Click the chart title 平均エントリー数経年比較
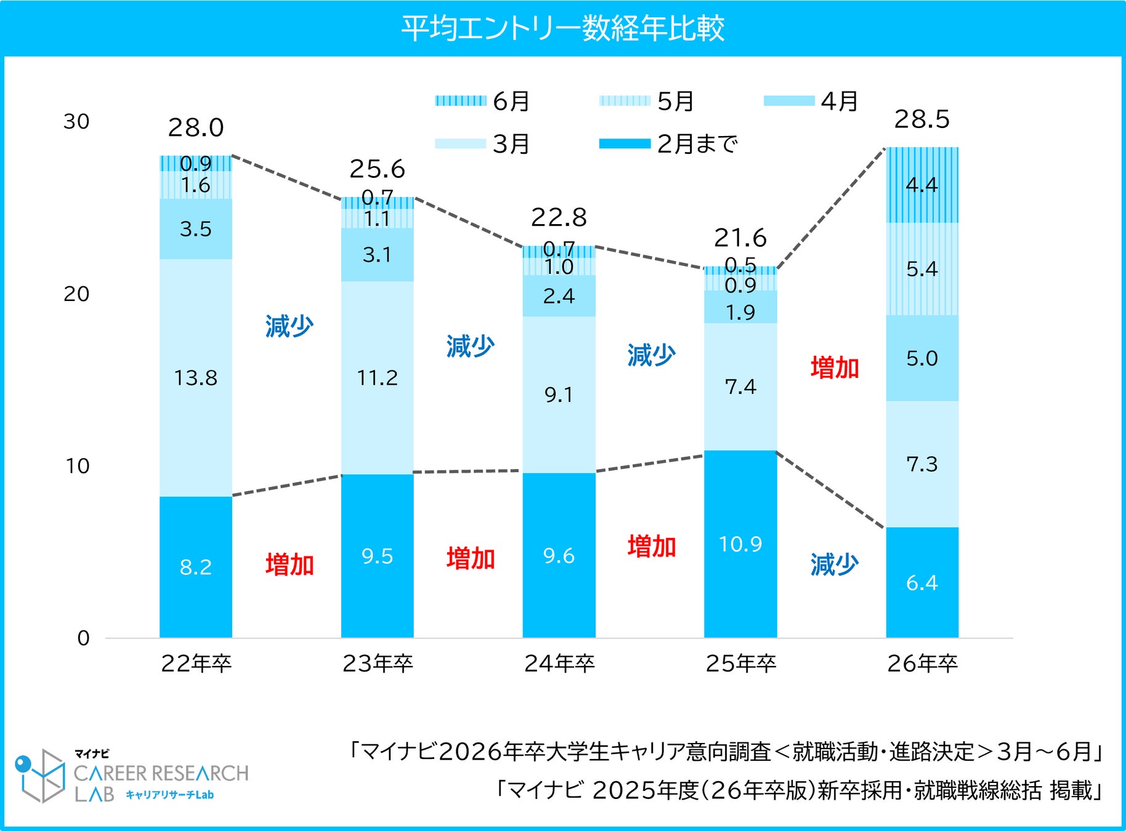coord(562,28)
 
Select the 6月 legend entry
coord(483,101)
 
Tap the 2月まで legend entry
coord(668,144)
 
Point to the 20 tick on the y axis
coord(76,294)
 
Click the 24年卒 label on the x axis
coord(559,664)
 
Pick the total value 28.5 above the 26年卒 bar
coord(921,119)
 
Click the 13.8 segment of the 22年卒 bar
coord(196,377)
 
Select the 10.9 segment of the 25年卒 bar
coord(740,544)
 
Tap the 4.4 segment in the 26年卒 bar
coord(921,185)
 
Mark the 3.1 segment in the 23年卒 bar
coord(377,254)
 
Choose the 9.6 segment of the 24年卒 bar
coord(559,556)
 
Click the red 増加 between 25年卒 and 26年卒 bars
coord(835,367)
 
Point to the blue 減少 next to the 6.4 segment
coord(835,564)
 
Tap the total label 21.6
coord(740,238)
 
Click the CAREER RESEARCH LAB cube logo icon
coord(41,775)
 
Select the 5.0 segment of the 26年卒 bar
coord(921,358)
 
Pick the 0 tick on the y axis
coord(83,638)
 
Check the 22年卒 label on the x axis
coord(196,664)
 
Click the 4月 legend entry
coord(811,101)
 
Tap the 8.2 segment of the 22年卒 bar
coord(196,567)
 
